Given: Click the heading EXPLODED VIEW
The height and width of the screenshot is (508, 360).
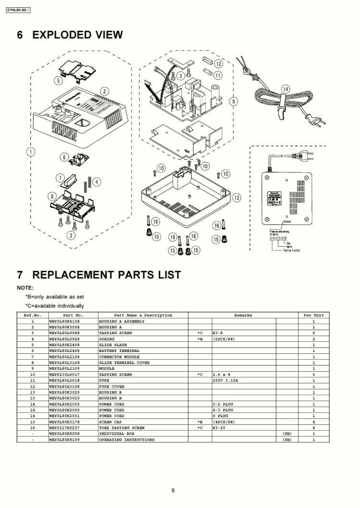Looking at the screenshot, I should pyautogui.click(x=77, y=35).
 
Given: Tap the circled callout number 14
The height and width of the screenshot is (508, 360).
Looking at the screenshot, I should pyautogui.click(x=286, y=89).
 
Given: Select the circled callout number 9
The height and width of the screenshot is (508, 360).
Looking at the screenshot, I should pyautogui.click(x=234, y=101).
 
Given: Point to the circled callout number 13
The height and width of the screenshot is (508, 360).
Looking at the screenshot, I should pyautogui.click(x=236, y=197).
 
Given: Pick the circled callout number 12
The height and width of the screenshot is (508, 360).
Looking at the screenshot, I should pyautogui.click(x=218, y=63).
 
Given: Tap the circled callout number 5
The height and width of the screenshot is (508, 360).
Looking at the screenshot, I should pyautogui.click(x=58, y=80).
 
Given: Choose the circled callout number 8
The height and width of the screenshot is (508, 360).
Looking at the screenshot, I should pyautogui.click(x=52, y=196).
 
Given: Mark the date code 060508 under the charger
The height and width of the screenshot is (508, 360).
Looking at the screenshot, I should pyautogui.click(x=278, y=238).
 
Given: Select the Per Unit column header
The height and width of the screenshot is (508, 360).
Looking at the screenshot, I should pyautogui.click(x=313, y=315).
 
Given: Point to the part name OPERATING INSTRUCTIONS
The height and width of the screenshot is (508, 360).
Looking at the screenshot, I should pyautogui.click(x=127, y=439).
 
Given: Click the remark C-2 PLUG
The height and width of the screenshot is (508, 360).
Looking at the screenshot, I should pyautogui.click(x=222, y=404).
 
